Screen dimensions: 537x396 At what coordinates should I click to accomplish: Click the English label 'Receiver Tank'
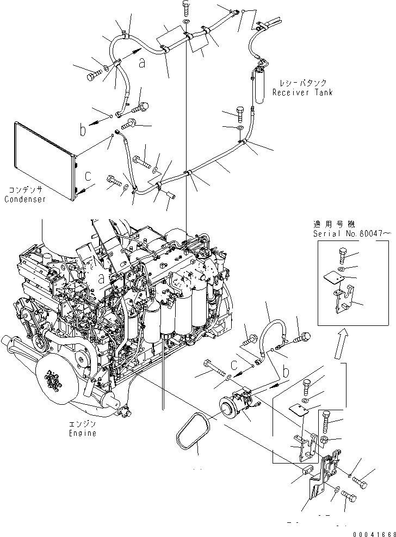[302, 92]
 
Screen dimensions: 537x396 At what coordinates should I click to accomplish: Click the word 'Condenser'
[25, 199]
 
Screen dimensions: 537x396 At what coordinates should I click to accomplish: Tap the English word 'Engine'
[83, 433]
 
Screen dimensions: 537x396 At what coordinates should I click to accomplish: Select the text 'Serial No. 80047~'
[351, 233]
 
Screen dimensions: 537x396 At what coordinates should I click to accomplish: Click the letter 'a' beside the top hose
[141, 63]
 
